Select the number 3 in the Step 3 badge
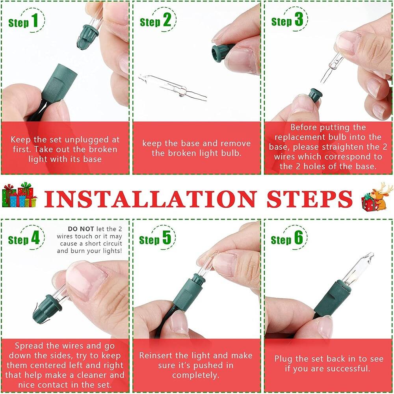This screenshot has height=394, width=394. click(299, 20)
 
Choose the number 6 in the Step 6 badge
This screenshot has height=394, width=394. click(299, 239)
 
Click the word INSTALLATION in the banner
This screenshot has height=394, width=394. click(150, 199)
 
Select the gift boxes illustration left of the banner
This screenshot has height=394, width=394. click(19, 195)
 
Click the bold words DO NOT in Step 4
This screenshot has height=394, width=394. click(81, 229)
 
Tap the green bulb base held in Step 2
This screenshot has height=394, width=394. click(221, 53)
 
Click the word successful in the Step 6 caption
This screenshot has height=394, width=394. click(342, 369)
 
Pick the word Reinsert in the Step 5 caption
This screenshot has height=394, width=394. click(157, 355)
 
